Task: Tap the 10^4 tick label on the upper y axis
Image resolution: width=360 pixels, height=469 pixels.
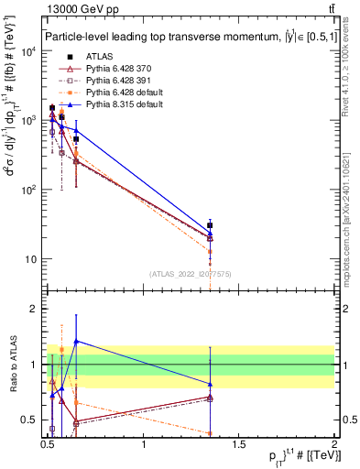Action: tap(27, 51)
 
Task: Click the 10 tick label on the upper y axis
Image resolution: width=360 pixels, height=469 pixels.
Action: tap(29, 259)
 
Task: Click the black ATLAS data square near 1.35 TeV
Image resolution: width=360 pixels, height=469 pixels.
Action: tap(211, 225)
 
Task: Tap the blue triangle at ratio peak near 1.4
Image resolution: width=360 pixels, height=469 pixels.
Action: tap(76, 341)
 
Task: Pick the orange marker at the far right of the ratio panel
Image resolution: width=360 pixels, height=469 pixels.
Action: tap(211, 433)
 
